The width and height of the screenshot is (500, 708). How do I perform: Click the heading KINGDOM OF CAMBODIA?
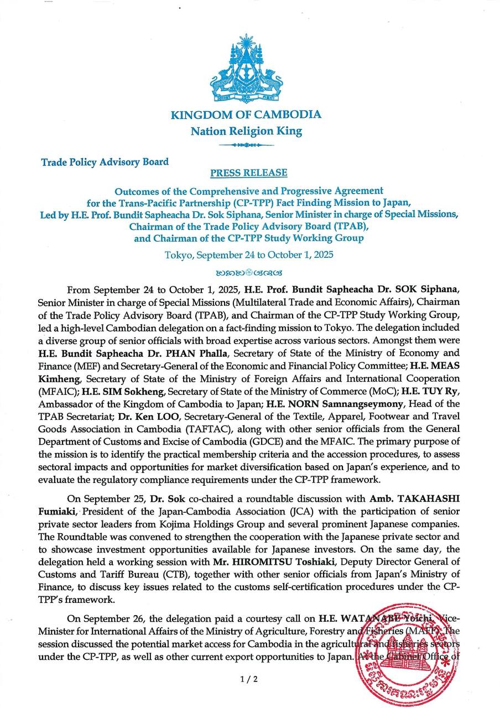click(246, 115)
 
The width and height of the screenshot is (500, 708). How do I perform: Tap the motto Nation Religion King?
click(246, 131)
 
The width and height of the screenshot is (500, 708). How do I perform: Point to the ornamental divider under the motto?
click(246, 145)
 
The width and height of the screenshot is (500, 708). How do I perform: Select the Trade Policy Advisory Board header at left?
click(105, 162)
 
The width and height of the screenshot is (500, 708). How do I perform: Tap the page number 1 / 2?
click(249, 679)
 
